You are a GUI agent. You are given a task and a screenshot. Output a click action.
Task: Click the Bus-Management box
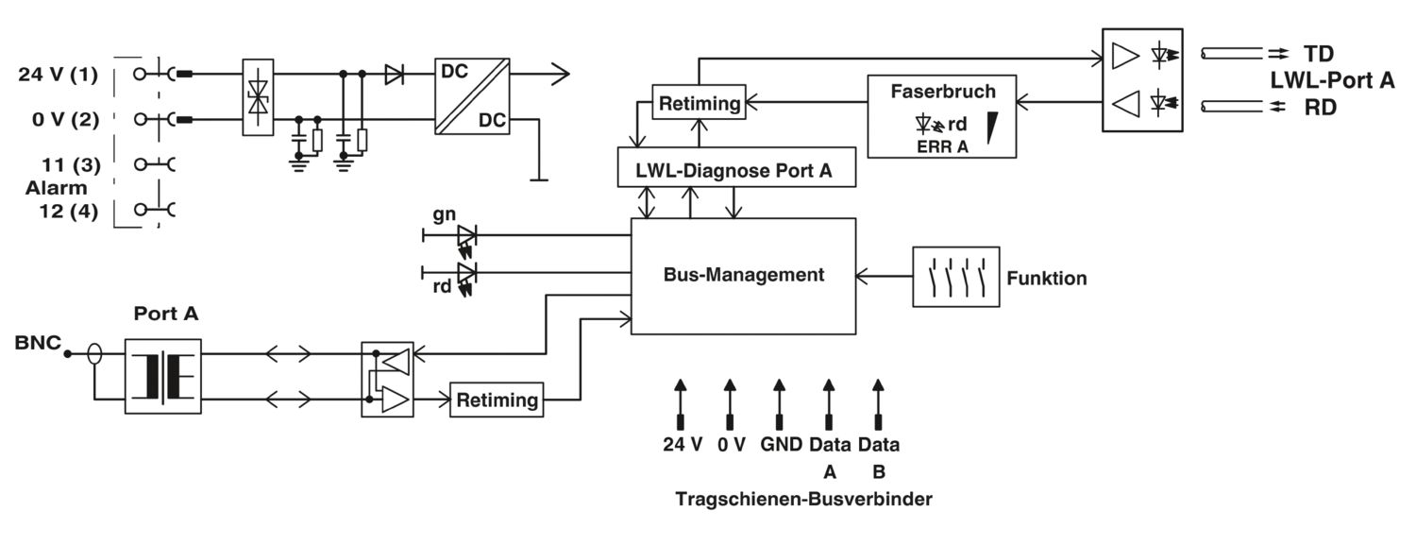point(744,277)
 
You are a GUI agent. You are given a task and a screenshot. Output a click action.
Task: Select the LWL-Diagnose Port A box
point(736,167)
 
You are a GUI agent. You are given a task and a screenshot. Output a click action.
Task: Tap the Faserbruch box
point(942,116)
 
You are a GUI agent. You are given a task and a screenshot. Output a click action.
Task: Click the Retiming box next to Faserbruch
point(700,102)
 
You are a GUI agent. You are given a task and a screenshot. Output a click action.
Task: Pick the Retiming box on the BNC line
point(497,400)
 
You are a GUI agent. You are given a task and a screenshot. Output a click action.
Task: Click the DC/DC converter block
point(472,96)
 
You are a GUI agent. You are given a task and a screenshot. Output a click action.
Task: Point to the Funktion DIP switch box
point(955,277)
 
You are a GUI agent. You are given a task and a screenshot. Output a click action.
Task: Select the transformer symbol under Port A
point(163,376)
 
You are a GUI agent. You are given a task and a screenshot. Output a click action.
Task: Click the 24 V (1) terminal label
point(59,75)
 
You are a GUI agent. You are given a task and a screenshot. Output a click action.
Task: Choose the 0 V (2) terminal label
point(66,120)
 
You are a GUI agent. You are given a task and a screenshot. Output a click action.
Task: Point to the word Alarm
point(57,188)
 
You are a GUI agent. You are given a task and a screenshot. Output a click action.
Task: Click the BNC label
point(38,343)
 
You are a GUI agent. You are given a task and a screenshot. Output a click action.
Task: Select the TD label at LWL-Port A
point(1319,54)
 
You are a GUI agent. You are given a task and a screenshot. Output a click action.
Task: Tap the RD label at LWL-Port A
point(1320,108)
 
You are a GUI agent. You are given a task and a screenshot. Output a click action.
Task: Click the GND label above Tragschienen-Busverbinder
point(782,444)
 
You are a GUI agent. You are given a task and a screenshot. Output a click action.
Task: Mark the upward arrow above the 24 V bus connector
point(681,404)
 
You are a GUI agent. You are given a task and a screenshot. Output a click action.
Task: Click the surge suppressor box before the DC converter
point(258,97)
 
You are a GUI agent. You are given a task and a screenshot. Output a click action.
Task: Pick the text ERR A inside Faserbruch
point(942,146)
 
